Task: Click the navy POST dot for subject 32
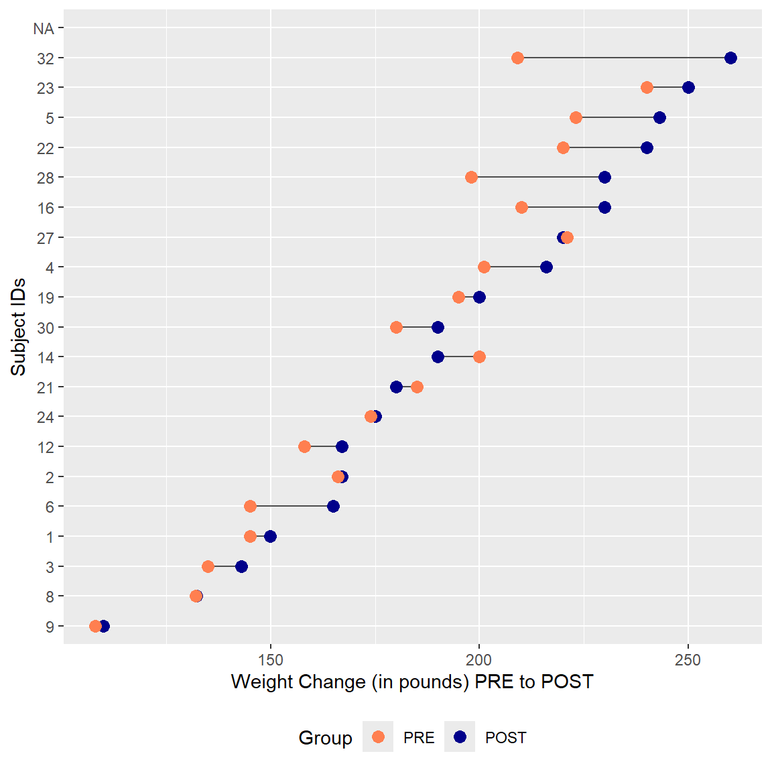[x=730, y=58]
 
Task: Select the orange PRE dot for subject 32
[x=517, y=58]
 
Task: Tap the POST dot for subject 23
[x=688, y=88]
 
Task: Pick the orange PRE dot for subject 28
[x=471, y=178]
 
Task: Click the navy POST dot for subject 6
[x=333, y=507]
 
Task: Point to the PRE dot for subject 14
[x=479, y=357]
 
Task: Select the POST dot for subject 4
[x=546, y=267]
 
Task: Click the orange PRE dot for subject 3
[x=208, y=567]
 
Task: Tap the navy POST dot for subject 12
[x=342, y=447]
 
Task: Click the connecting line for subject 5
[x=617, y=118]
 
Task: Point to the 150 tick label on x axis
[x=270, y=661]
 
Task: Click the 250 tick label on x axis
[x=688, y=661]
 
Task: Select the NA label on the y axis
[x=44, y=29]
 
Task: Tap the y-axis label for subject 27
[x=46, y=238]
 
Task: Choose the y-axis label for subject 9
[x=50, y=627]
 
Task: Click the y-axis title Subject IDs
[x=19, y=327]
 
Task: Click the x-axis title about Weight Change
[x=412, y=682]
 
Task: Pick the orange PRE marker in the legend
[x=378, y=737]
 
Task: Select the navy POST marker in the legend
[x=460, y=737]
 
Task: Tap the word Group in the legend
[x=325, y=738]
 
